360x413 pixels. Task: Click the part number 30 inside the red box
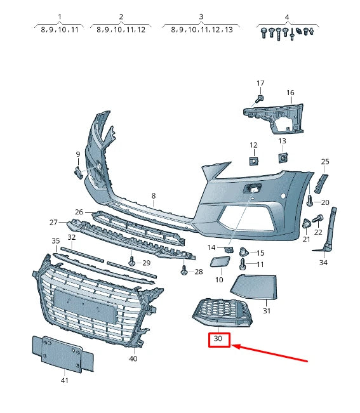pos(219,339)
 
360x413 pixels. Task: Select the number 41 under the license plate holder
pos(64,381)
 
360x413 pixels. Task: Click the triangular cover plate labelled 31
pos(255,287)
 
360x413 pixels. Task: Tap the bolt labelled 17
pos(260,99)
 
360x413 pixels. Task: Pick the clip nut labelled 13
pos(282,156)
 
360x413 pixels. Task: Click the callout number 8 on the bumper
pos(153,197)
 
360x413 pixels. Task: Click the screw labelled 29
pos(131,260)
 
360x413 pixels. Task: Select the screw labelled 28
pos(184,270)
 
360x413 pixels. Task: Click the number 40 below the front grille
pos(133,359)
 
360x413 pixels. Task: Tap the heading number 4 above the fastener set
pos(287,16)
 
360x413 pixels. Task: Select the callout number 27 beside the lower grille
pos(54,222)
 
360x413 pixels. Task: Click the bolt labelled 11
pos(243,263)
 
